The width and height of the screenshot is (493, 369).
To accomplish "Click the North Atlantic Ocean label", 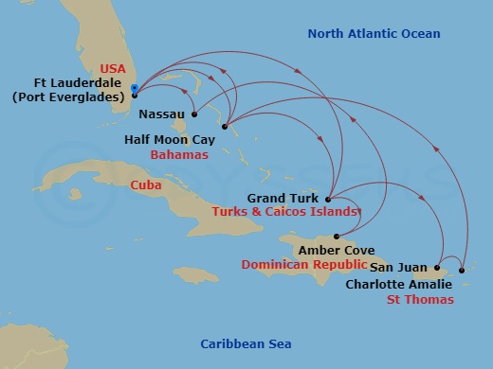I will [374, 35].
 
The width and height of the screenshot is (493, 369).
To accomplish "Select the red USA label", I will [113, 68].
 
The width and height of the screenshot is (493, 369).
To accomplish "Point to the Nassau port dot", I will [192, 115].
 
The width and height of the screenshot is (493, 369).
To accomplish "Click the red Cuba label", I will [144, 185].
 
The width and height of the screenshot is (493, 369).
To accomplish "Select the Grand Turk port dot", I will [327, 199].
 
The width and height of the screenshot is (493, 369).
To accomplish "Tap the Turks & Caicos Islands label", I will [287, 213].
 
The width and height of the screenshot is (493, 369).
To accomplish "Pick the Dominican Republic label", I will [301, 265].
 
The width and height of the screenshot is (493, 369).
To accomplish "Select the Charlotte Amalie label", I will [398, 284].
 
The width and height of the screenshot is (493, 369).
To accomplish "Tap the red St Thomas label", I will [420, 300].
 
